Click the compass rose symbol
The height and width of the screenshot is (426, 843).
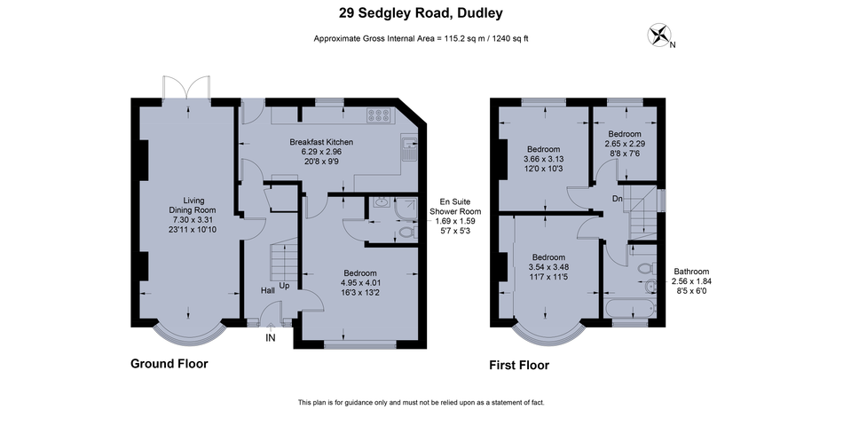(658, 35)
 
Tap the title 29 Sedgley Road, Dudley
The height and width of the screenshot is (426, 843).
(421, 13)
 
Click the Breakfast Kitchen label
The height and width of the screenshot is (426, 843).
(321, 142)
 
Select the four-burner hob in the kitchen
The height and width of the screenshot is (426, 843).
(379, 114)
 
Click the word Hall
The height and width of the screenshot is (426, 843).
(268, 290)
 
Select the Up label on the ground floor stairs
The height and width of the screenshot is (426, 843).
(284, 286)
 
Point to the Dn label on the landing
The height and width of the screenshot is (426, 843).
(618, 199)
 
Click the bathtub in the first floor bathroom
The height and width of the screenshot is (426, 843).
(629, 309)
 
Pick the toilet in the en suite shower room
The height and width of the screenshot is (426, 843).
(407, 233)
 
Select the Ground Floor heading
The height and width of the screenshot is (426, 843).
(169, 364)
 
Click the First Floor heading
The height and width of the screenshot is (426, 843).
(519, 366)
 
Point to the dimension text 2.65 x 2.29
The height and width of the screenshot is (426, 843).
(625, 144)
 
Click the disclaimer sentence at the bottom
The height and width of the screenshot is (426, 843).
(421, 402)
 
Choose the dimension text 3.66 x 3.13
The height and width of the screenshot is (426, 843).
(543, 159)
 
